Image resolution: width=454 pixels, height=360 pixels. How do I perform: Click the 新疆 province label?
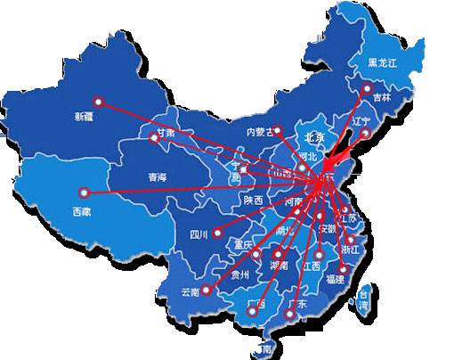tap(85, 117)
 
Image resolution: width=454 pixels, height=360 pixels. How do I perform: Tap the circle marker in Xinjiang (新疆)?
tap(98, 102)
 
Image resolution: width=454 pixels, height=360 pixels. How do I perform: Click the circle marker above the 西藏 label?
tap(83, 192)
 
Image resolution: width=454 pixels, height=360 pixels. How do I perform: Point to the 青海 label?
tap(158, 177)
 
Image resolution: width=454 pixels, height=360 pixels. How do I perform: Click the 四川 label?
tap(199, 235)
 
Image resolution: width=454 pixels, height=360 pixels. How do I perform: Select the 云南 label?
tap(191, 291)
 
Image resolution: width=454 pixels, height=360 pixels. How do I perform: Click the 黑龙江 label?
tap(383, 63)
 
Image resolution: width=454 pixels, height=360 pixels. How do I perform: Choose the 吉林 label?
tap(381, 97)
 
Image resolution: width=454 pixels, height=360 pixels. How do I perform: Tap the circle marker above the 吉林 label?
tap(367, 87)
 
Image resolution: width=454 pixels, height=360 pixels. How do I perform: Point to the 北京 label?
tap(314, 138)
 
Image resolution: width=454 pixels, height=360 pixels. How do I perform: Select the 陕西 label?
tap(254, 200)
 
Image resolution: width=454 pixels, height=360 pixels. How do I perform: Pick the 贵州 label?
tap(239, 275)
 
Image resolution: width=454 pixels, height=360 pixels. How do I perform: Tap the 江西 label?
tap(312, 265)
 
